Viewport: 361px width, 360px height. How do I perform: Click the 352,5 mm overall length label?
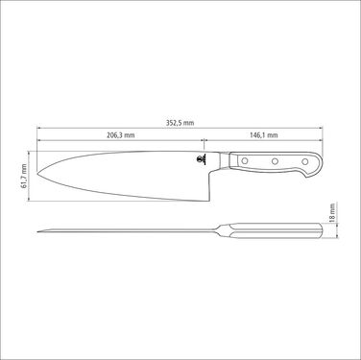pyautogui.click(x=180, y=123)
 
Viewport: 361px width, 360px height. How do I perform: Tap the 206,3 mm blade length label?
pyautogui.click(x=120, y=135)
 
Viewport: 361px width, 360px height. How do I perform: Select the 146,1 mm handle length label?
pyautogui.click(x=264, y=135)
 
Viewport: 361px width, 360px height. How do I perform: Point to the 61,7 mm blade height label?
pyautogui.click(x=24, y=176)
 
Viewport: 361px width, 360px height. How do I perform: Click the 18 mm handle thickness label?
pyautogui.click(x=332, y=213)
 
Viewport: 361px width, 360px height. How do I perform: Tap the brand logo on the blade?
pyautogui.click(x=202, y=159)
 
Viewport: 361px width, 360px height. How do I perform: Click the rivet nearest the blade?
pyautogui.click(x=245, y=160)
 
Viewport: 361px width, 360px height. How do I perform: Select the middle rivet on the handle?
pyautogui.click(x=275, y=161)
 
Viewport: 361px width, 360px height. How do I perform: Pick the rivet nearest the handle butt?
pyautogui.click(x=305, y=161)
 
